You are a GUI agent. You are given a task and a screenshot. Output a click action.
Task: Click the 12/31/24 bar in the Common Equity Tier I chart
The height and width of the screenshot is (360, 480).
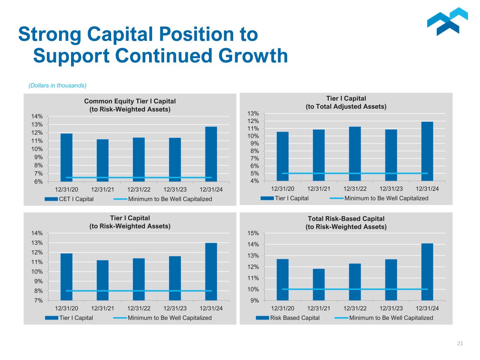tap(211, 154)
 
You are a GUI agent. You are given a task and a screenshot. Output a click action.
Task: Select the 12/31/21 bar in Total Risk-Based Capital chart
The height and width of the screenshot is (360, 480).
tap(319, 284)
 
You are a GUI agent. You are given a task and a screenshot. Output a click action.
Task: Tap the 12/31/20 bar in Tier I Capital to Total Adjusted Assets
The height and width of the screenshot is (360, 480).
tap(282, 156)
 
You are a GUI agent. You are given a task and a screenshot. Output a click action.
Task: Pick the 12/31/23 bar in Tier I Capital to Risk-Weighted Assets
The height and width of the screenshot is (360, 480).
tap(175, 278)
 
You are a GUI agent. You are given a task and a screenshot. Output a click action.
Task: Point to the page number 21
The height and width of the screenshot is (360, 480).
tap(460, 343)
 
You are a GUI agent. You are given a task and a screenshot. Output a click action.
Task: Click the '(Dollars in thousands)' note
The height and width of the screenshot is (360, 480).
tap(57, 85)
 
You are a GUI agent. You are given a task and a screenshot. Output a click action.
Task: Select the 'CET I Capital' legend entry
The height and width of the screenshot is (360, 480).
tap(76, 199)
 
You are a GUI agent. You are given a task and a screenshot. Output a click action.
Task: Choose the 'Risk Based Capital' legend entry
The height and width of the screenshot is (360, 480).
tap(295, 318)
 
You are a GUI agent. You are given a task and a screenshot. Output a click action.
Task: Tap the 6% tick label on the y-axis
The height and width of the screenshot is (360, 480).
tap(39, 182)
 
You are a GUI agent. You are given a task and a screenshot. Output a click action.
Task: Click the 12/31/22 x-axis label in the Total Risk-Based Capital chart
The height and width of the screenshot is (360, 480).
tap(355, 308)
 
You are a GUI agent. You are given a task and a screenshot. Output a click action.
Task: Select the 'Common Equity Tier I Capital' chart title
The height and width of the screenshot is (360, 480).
tap(130, 101)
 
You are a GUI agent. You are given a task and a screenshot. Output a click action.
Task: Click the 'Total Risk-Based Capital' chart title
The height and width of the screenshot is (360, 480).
tap(346, 219)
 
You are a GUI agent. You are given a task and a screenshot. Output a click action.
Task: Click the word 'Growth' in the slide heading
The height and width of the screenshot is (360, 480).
tap(251, 56)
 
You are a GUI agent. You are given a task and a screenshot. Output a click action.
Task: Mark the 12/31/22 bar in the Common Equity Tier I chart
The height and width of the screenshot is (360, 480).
tap(139, 159)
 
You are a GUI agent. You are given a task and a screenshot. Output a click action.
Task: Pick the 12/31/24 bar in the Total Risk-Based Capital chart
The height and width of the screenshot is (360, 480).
tap(427, 272)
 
